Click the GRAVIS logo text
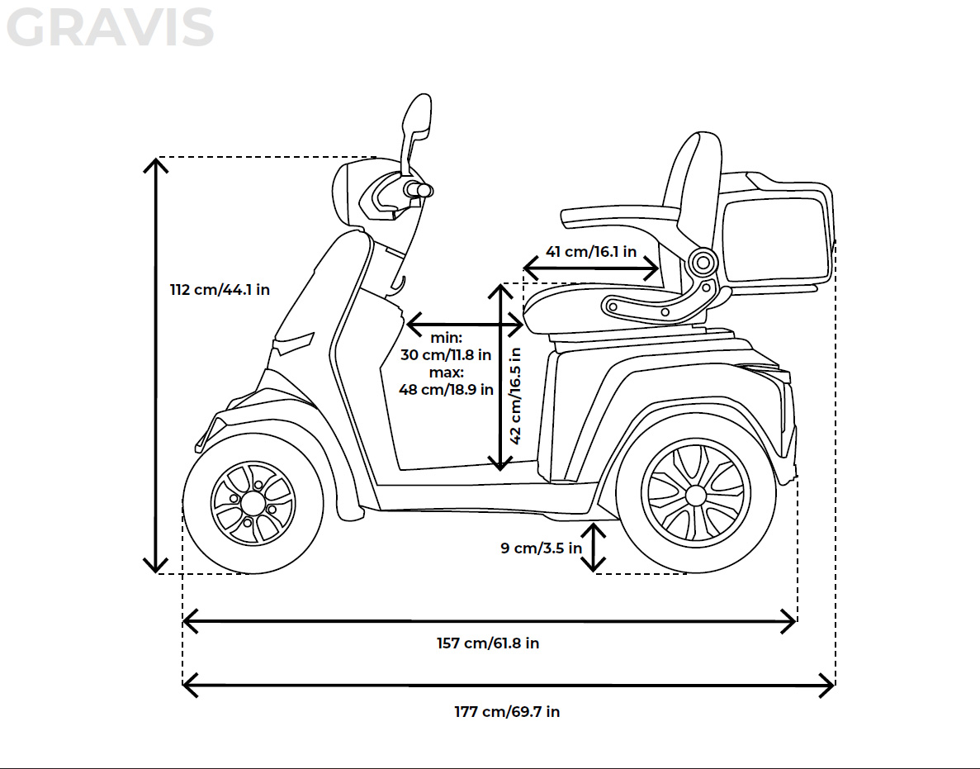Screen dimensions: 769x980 pos(111,28)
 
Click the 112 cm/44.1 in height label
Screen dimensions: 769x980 pos(220,290)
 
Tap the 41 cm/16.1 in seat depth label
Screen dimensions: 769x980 pos(591,252)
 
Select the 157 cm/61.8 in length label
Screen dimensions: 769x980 pos(488,643)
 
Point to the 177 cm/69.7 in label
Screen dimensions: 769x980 pos(507,711)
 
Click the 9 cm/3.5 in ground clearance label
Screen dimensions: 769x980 pos(541,548)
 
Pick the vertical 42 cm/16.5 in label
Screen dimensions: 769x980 pos(515,395)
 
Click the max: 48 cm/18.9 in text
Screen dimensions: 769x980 pos(446,382)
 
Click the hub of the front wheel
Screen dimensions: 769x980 pos(252,502)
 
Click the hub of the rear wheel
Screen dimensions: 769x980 pos(696,496)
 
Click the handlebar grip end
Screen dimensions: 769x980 pos(424,190)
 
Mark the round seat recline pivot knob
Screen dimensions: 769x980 pos(703,263)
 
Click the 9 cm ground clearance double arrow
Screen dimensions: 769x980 pos(593,546)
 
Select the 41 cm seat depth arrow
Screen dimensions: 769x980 pos(591,268)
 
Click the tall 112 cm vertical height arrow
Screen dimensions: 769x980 pos(155,364)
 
